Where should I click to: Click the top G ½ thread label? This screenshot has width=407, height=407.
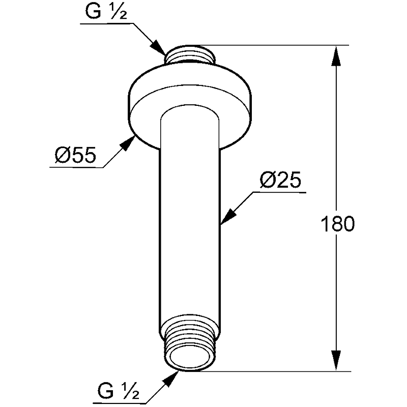106,12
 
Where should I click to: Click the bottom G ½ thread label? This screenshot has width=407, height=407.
119,391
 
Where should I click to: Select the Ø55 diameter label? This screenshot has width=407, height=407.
75,155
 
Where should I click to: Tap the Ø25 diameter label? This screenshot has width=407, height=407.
280,180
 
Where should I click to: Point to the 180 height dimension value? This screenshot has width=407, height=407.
338,224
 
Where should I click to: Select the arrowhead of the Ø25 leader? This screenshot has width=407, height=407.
228,216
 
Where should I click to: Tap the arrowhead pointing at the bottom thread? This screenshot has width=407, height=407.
170,379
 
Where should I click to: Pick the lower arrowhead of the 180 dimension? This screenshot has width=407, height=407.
336,360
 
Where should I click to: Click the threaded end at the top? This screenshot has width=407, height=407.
190,54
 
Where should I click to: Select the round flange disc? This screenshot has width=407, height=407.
190,106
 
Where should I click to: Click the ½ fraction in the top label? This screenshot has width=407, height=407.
119,12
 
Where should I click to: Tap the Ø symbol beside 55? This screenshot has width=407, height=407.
63,155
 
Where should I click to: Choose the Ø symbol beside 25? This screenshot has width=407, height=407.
268,180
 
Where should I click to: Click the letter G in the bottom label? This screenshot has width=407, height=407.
106,391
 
